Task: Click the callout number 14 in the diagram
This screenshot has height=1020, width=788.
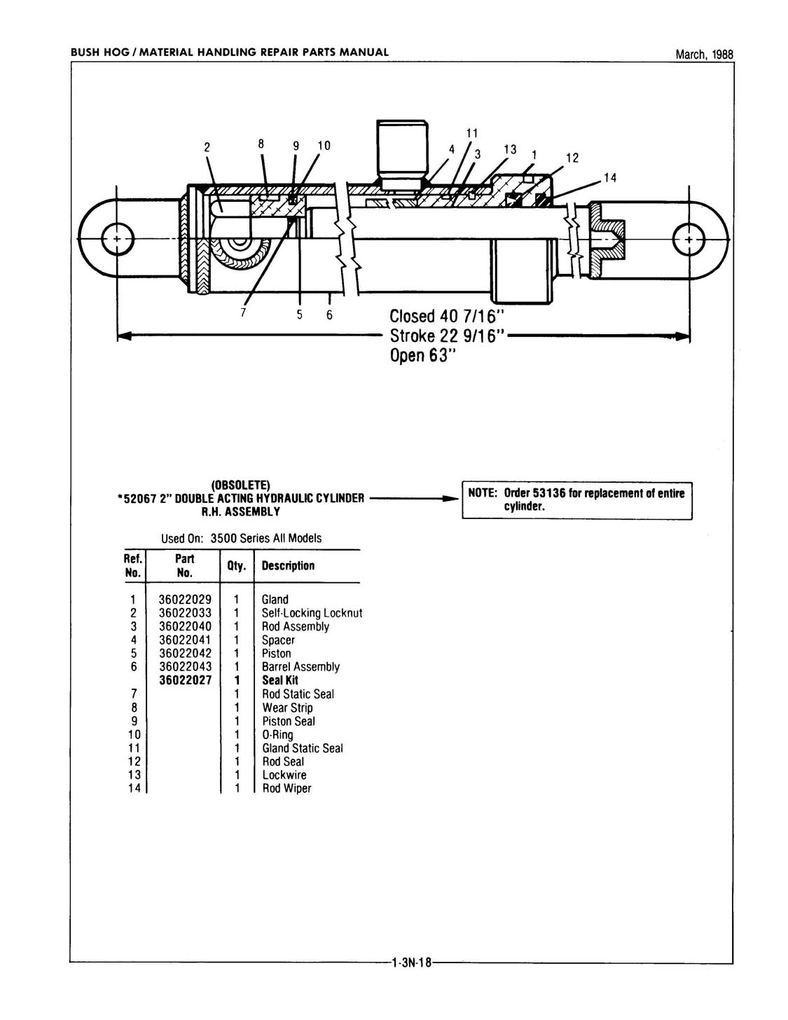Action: click(609, 178)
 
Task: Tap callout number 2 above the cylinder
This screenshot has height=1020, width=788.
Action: click(207, 147)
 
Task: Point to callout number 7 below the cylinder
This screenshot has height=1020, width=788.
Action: click(243, 312)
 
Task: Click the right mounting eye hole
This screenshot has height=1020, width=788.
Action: click(689, 239)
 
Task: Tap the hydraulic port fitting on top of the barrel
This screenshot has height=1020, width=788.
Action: click(402, 155)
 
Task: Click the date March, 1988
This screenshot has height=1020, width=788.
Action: click(704, 55)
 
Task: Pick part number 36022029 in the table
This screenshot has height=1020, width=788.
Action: click(185, 600)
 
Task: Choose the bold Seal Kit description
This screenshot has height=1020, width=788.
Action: click(280, 680)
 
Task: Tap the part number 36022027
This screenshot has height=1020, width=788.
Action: click(186, 680)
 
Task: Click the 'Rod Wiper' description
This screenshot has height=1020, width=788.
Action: click(286, 788)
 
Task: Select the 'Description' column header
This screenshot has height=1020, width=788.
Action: click(288, 565)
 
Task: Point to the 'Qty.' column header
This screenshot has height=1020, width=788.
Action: click(237, 566)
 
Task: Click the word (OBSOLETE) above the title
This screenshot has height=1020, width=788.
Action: click(241, 484)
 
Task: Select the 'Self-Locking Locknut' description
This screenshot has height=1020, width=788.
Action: click(312, 613)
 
